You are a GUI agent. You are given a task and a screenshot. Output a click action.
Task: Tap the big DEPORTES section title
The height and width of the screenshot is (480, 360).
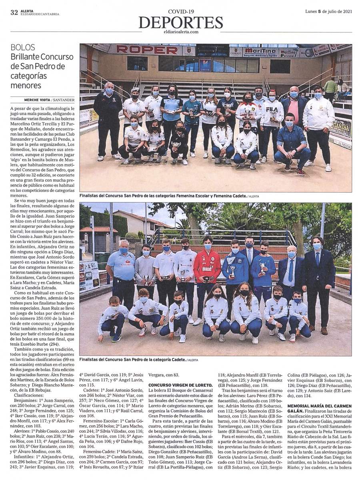[181, 22]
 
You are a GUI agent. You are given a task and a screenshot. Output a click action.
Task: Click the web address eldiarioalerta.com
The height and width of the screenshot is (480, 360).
[181, 32]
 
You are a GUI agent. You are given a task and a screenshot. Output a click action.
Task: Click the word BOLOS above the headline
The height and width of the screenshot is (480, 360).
[23, 48]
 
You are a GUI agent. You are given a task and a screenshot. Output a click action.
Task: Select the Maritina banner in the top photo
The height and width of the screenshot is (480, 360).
[260, 51]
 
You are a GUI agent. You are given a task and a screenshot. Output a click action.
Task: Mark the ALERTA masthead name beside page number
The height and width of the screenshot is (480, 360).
[28, 11]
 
